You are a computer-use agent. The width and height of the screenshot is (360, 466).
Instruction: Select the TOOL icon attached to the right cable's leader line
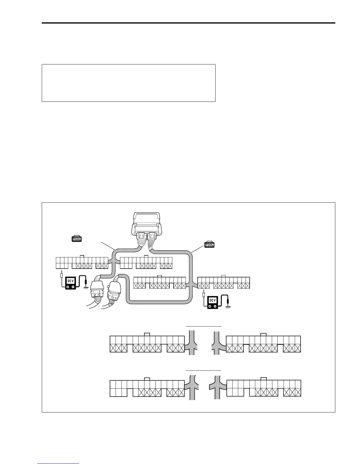tap(209, 245)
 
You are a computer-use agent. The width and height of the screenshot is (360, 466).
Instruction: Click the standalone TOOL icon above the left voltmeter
tap(77, 239)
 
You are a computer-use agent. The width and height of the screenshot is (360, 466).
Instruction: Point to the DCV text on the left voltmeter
tap(71, 280)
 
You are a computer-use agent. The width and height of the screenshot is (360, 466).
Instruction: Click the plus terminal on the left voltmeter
tap(68, 286)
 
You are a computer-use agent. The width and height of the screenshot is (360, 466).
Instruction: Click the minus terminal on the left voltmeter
tap(73, 286)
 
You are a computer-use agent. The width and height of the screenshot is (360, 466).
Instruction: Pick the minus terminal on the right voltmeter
tap(216, 306)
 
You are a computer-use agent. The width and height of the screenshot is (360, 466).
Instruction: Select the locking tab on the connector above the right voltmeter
tap(224, 276)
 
